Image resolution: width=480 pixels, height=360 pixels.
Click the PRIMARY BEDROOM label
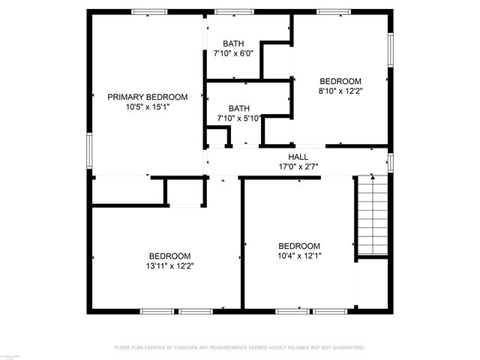tap(147, 97)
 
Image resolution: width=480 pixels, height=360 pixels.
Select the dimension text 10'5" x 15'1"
tap(147, 107)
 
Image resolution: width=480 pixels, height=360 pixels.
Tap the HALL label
tap(298, 157)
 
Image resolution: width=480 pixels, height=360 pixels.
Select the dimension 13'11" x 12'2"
tap(169, 265)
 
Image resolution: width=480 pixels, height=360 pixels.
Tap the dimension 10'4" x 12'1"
tap(299, 256)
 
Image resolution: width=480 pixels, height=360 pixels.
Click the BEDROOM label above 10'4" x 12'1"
tap(299, 246)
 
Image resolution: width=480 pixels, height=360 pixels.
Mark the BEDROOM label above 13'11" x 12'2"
tap(169, 256)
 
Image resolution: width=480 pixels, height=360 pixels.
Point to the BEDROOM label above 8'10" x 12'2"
tap(340, 81)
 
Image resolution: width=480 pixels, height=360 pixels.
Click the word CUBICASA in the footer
tap(191, 348)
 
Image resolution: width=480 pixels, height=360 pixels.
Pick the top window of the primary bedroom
tap(149, 12)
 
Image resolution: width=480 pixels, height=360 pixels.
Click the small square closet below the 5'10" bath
tap(217, 138)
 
